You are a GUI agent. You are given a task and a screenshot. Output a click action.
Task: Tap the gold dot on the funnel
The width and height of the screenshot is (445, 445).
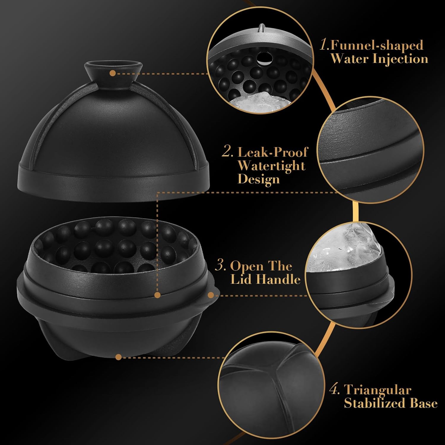pos(112,73)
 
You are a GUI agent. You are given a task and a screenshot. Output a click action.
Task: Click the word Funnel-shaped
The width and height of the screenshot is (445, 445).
pos(377,45)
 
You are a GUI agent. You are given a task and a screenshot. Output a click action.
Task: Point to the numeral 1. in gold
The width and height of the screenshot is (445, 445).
pos(325,45)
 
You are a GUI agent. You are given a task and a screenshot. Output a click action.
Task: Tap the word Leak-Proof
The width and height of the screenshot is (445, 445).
pos(273,152)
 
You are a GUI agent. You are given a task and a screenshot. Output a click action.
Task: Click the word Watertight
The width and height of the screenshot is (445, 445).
pos(271,166)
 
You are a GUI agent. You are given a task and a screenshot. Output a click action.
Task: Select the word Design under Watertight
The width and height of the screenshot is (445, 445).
pos(258,179)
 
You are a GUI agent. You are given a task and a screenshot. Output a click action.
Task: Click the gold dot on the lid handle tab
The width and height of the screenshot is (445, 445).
pos(211,295)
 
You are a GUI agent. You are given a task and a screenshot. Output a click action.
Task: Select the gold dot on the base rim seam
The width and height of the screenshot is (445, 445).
pos(158,295)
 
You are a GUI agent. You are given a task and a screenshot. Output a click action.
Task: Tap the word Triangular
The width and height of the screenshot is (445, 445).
pos(378,390)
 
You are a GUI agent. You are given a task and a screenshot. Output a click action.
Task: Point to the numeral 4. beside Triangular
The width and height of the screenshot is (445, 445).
pos(334,390)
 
